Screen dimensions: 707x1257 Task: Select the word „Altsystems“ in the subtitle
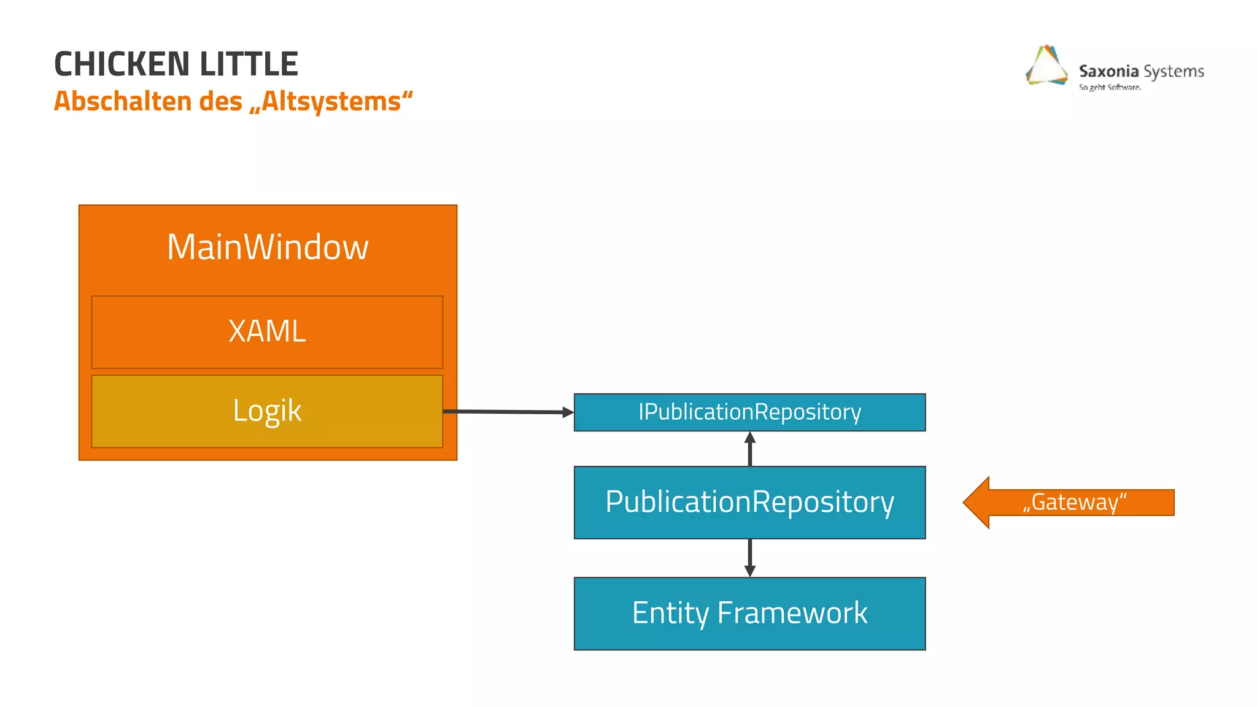click(x=331, y=101)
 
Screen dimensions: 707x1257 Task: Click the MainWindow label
click(x=268, y=247)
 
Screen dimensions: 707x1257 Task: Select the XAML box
click(x=267, y=332)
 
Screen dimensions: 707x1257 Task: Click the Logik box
click(x=267, y=411)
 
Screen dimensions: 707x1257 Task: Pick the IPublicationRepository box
click(x=749, y=412)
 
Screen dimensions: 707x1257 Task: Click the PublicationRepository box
click(x=749, y=502)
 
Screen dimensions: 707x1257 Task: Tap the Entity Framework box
click(x=749, y=613)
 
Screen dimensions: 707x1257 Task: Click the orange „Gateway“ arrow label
click(x=1074, y=502)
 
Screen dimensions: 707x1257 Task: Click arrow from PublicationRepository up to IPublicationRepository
click(x=749, y=449)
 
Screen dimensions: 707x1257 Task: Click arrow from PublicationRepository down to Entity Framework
click(x=749, y=557)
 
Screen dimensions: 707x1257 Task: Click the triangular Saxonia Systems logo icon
click(x=1046, y=66)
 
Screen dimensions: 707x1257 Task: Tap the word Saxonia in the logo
click(x=1108, y=71)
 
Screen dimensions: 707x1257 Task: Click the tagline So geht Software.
click(x=1110, y=87)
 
